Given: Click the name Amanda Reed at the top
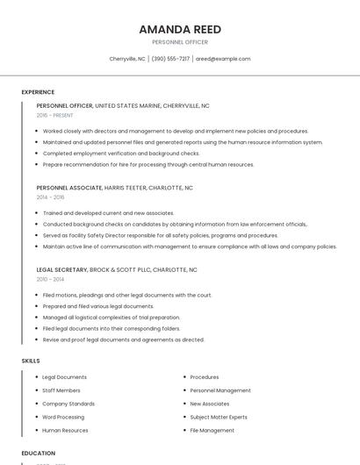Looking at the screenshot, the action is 179,29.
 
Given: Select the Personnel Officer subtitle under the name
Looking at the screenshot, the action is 179,42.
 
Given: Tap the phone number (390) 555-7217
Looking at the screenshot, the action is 170,59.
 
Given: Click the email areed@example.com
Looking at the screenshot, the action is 223,59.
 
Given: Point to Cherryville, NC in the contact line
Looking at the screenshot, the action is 127,59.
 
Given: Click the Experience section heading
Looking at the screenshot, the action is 38,92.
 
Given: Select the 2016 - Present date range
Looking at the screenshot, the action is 54,115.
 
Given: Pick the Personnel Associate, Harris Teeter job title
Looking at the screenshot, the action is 114,188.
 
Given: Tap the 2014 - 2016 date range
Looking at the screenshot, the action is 50,197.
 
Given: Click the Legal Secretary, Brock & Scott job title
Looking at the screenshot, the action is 117,270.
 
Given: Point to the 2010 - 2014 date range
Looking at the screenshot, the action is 50,280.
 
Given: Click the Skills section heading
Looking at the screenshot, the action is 31,361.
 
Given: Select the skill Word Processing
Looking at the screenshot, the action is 63,418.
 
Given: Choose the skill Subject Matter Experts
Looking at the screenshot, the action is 219,418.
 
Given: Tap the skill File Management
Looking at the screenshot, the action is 212,431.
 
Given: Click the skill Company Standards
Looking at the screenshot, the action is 68,404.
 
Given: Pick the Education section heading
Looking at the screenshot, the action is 38,453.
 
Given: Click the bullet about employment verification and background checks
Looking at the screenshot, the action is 121,154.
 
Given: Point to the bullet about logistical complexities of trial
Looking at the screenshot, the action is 111,318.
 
